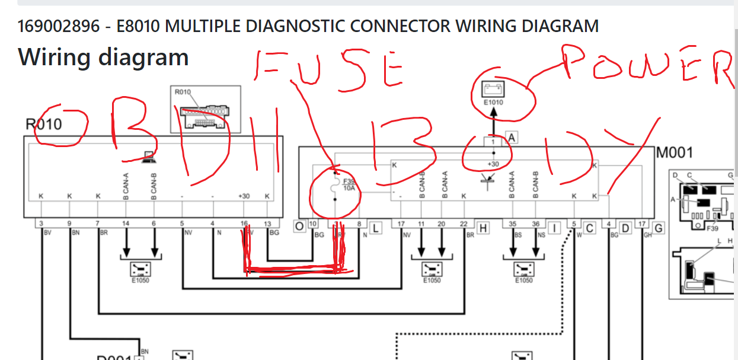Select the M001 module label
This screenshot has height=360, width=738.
click(675, 152)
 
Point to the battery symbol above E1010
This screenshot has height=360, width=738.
click(493, 90)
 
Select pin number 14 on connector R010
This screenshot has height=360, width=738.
click(126, 224)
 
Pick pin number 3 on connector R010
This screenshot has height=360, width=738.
click(41, 224)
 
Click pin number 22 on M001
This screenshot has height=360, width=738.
click(463, 224)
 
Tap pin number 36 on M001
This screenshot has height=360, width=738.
click(536, 224)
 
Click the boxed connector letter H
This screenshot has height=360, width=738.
click(483, 227)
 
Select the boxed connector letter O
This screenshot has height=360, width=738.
click(300, 226)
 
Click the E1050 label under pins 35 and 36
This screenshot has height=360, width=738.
click(524, 280)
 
